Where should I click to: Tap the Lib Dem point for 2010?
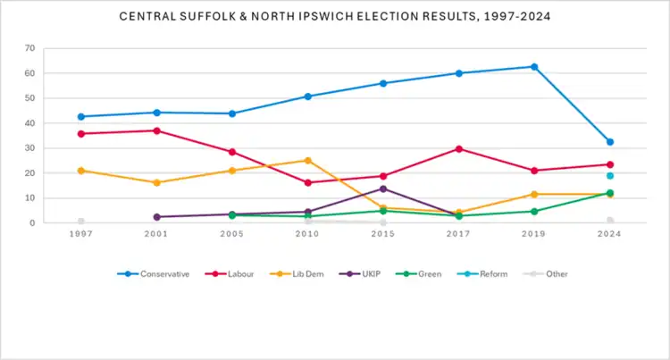[x=308, y=161]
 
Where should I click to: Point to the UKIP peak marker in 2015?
[x=383, y=188]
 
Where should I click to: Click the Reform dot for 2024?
[x=610, y=176]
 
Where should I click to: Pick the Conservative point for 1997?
[x=81, y=117]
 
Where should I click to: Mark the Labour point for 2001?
[x=157, y=130]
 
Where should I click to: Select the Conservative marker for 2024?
[x=610, y=142]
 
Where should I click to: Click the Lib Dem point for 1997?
[x=81, y=171]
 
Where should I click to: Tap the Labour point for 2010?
[x=308, y=182]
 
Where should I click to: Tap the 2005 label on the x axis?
[x=232, y=234]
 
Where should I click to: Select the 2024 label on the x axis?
[x=610, y=234]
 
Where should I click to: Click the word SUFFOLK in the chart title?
[x=219, y=16]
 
